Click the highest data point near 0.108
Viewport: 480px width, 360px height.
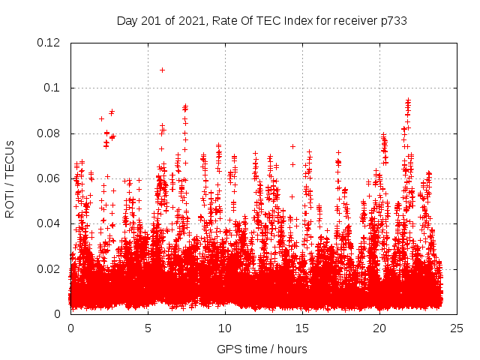[162, 70]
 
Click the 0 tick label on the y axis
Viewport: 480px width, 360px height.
[58, 313]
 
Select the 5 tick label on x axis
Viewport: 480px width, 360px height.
[148, 328]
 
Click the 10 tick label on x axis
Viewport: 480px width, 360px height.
[225, 328]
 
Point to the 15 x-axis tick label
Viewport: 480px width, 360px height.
[302, 328]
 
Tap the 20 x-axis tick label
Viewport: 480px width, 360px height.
[379, 328]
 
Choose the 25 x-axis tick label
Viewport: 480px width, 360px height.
[457, 328]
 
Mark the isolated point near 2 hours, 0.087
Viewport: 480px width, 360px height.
[101, 118]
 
